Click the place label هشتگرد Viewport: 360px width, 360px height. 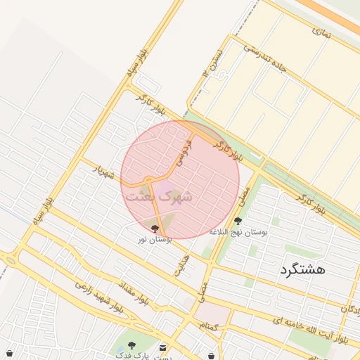(x=302, y=269)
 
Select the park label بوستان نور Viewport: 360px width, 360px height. (x=155, y=240)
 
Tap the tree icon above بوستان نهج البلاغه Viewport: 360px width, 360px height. (x=238, y=221)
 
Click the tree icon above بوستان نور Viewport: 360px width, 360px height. (x=155, y=229)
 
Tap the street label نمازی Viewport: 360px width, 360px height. (x=321, y=31)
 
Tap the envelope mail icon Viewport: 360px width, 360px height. (x=163, y=347)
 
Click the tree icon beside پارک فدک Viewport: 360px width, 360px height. (x=131, y=346)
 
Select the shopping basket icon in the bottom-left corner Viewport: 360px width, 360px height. (x=10, y=353)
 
